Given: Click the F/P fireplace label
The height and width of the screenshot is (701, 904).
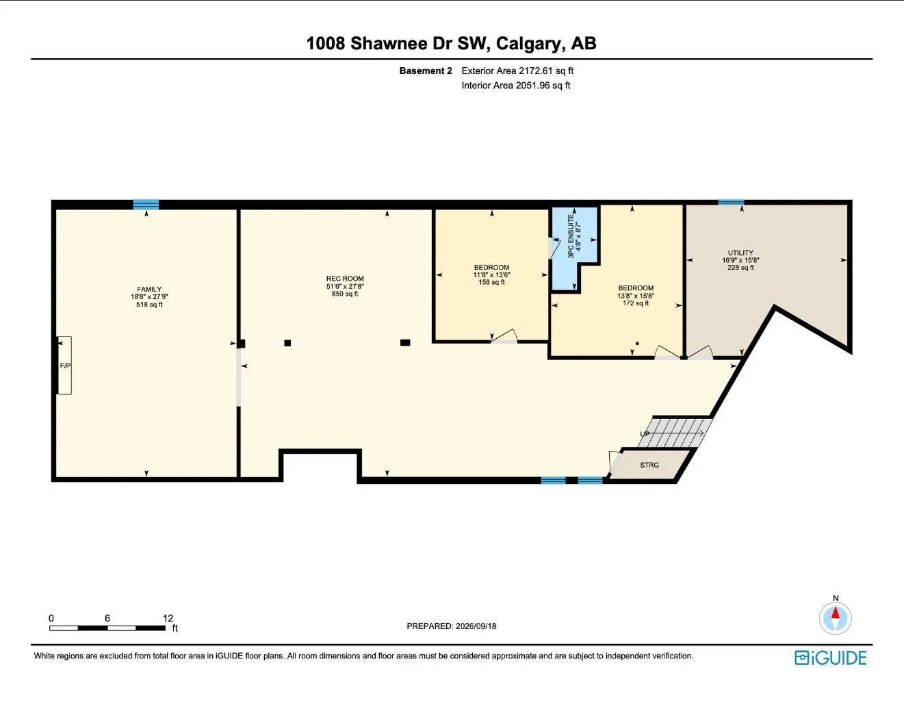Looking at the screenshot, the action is point(65,366).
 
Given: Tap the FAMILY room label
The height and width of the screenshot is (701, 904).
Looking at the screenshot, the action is point(149,289).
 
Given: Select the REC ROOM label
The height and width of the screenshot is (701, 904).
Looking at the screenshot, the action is point(345,279).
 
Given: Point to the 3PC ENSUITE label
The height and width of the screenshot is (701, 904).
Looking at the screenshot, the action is point(571,236).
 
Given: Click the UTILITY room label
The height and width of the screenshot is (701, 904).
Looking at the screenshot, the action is point(740,253).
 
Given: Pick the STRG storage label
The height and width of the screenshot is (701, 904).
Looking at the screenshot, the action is point(649,465).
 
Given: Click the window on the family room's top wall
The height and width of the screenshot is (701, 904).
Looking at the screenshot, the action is point(146,204).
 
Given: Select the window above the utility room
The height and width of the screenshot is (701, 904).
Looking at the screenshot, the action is point(731,203).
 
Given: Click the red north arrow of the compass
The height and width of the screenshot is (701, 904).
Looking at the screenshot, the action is point(836,613).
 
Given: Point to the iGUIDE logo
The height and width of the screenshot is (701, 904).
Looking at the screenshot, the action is point(830,658).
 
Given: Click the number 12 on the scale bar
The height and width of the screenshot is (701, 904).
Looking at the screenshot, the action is point(168,618).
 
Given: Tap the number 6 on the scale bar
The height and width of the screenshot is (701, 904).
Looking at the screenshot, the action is point(107,618).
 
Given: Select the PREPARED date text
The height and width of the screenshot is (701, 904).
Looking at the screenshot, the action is point(452,626).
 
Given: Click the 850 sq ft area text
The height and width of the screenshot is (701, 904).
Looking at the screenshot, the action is point(345,294).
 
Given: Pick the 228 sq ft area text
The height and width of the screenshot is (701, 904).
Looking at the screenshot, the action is point(740,268).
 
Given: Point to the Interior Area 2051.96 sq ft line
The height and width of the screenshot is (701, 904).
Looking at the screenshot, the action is point(516,86).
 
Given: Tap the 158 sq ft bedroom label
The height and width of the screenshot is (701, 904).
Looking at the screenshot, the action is point(492,282).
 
